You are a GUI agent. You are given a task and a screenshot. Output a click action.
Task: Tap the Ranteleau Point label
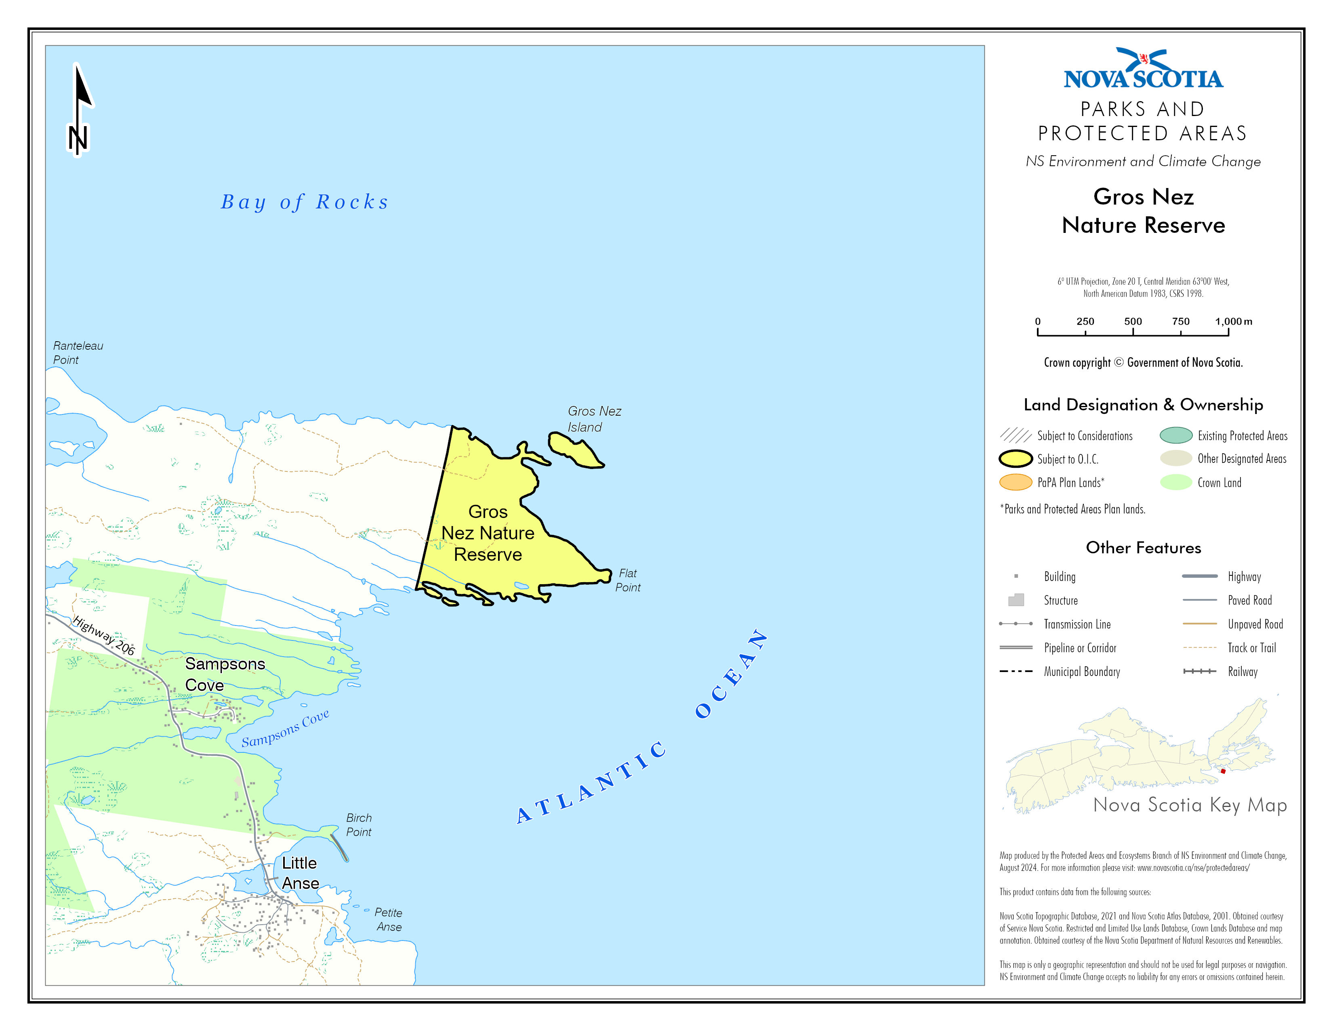click(x=78, y=353)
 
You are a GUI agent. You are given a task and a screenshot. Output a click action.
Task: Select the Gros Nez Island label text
click(x=593, y=419)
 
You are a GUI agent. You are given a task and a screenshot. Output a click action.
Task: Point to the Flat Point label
click(x=627, y=580)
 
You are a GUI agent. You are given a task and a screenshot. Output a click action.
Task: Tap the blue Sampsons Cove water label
click(x=285, y=728)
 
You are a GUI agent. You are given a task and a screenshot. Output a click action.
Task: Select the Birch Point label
click(x=358, y=824)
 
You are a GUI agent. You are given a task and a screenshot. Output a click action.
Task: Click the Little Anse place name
click(x=300, y=873)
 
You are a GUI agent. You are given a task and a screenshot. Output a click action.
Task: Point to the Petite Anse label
click(x=388, y=919)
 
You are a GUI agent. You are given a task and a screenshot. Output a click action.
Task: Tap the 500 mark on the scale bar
click(x=1133, y=330)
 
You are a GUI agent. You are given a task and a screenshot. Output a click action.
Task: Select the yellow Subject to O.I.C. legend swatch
click(x=1016, y=459)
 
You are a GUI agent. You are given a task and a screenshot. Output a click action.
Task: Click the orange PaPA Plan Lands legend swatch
click(x=1016, y=482)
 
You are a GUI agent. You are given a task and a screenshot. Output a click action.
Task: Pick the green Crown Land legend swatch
click(x=1175, y=482)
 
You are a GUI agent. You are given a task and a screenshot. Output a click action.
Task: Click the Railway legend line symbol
click(x=1199, y=671)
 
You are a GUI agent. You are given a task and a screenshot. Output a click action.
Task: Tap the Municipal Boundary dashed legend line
click(x=1016, y=671)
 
